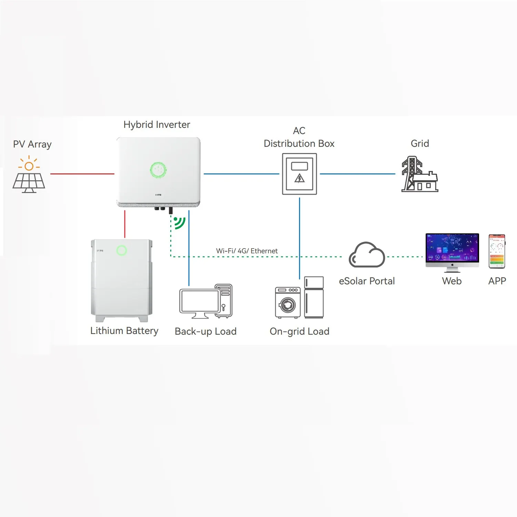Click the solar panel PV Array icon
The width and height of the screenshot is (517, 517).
(x=29, y=174)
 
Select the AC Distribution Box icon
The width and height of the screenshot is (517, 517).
(x=300, y=174)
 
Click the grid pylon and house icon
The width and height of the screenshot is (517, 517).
(x=419, y=174)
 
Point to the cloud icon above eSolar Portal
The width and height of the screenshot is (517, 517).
(x=367, y=255)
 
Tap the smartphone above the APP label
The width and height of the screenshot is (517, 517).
(x=497, y=251)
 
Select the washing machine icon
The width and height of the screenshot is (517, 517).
(x=288, y=302)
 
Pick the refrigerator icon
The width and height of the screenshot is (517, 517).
(x=314, y=297)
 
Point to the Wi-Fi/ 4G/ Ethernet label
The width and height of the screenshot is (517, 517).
(x=247, y=251)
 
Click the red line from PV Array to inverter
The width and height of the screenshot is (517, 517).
(x=82, y=174)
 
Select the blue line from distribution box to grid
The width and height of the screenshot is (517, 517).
(x=357, y=174)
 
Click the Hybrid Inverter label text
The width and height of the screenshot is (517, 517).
(x=157, y=125)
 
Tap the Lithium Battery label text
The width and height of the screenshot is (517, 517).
(x=124, y=331)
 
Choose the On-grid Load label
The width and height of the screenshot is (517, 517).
(x=300, y=332)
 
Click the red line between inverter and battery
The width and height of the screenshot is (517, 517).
(x=125, y=224)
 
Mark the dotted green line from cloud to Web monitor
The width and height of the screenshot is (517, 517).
(x=405, y=257)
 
